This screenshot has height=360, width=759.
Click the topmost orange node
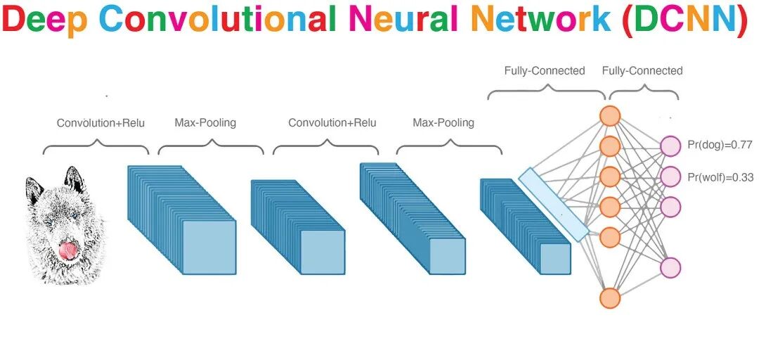610,115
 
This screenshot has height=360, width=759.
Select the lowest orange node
610,297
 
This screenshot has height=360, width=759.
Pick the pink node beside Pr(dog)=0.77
671,146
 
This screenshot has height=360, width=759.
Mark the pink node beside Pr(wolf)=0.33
671,175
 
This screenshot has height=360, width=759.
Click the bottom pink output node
671,267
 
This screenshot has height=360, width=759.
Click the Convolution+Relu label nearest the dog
100,123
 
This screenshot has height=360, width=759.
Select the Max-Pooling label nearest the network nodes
443,123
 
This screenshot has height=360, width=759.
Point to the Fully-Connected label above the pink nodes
642,70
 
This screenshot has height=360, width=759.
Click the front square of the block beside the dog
209,247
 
